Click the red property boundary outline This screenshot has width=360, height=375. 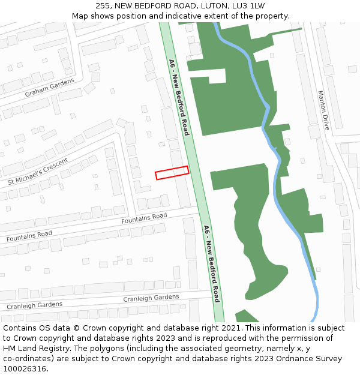point(172,173)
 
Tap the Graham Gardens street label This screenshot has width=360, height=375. point(49,88)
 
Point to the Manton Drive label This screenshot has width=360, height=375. point(323,110)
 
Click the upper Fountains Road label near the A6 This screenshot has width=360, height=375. point(144,218)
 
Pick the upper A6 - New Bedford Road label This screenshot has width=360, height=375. point(179,97)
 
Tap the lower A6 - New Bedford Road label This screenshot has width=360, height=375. point(211,263)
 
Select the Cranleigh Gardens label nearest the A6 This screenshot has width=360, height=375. point(151,298)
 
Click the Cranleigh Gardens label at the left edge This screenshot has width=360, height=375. point(34,305)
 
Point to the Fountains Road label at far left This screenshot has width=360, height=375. point(29,236)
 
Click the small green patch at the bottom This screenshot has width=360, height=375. point(245,316)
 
